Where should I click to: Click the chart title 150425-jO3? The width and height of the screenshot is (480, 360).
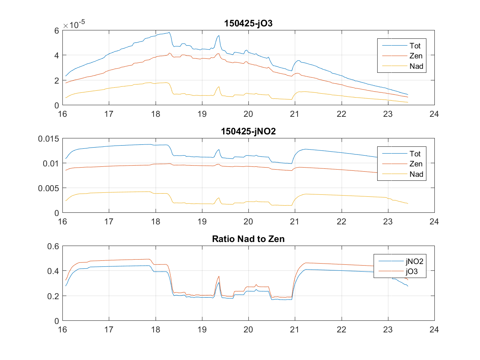(x=248, y=24)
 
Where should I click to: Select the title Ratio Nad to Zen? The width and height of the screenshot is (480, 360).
(x=248, y=240)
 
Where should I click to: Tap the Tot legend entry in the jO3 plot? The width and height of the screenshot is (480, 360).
(x=415, y=45)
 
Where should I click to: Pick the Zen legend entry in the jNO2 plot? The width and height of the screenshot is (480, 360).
(x=416, y=164)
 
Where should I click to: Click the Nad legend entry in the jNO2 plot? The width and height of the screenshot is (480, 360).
(x=416, y=174)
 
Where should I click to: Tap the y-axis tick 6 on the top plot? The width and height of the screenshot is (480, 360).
(x=57, y=30)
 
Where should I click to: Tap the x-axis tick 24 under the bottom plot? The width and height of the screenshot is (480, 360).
(x=434, y=329)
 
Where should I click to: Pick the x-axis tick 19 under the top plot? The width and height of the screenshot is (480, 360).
(x=202, y=114)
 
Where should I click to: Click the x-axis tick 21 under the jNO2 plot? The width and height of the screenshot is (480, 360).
(x=295, y=221)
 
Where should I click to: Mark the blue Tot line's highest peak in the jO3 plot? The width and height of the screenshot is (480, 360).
(x=169, y=32)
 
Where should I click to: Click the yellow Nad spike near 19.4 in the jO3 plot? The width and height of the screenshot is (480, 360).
(x=219, y=87)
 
